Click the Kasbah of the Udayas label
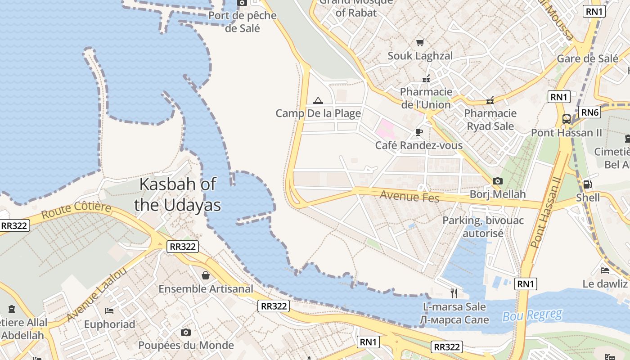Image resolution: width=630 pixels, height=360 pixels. pyautogui.click(x=177, y=194)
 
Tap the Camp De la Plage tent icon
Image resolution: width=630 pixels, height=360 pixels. pyautogui.click(x=318, y=100)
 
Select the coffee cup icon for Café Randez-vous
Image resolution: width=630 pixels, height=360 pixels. pyautogui.click(x=419, y=132)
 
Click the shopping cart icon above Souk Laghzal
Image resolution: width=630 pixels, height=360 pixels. pyautogui.click(x=420, y=42)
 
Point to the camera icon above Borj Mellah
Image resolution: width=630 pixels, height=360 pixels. pyautogui.click(x=497, y=181)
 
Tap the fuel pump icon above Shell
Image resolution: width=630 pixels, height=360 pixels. pyautogui.click(x=587, y=184)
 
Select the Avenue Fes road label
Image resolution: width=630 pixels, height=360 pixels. pyautogui.click(x=409, y=196)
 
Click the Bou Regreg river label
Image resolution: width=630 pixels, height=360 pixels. pyautogui.click(x=532, y=315)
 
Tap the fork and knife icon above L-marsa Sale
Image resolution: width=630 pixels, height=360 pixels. pyautogui.click(x=454, y=293)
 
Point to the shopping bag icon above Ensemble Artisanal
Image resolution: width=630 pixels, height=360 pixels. pyautogui.click(x=206, y=275)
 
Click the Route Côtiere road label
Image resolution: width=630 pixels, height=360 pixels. pyautogui.click(x=76, y=211)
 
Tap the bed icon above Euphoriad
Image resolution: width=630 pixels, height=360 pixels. pyautogui.click(x=109, y=310)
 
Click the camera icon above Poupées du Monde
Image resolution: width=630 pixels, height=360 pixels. pyautogui.click(x=185, y=332)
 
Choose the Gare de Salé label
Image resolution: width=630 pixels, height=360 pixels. pyautogui.click(x=587, y=58)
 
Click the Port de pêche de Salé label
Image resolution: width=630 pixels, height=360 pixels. pyautogui.click(x=243, y=22)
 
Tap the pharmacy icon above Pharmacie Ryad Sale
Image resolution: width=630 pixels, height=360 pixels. pyautogui.click(x=490, y=100)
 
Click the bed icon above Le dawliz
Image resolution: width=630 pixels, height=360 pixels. pyautogui.click(x=605, y=270)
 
